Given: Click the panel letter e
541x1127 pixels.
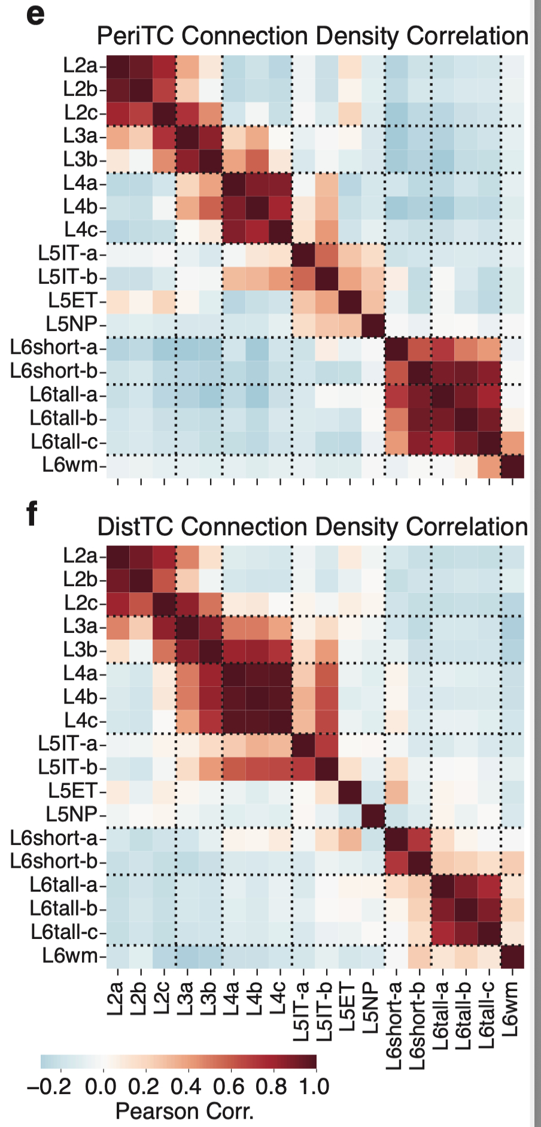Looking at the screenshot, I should pos(35,14).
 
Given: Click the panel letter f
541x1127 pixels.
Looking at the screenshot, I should pos(32,513).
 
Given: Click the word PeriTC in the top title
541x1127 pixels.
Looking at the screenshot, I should pos(136,36).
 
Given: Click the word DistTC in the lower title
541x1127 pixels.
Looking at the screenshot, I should pos(136,527).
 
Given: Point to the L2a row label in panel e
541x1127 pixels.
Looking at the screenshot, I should pos(80,65).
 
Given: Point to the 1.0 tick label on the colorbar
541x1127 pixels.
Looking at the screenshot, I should pos(314,1087).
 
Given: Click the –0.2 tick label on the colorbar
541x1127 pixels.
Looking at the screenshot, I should pos(49,1087).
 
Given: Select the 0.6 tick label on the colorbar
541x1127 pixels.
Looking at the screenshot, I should pos(229,1087).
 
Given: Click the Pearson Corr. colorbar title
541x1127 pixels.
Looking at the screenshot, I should pos(184,1111).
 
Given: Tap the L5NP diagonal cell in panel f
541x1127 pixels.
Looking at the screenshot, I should pos(373,814).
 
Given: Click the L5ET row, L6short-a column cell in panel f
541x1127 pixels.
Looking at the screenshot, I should pos(396,791).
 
